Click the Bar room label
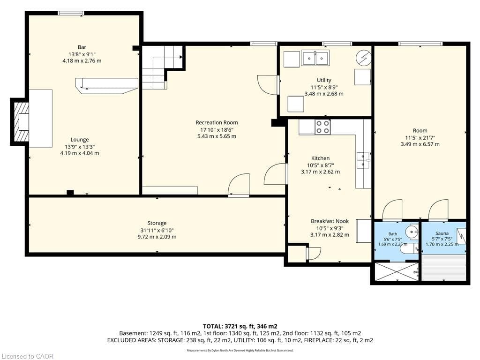[x=82, y=47]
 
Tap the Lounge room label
[x=80, y=140]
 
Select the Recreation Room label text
[x=217, y=123]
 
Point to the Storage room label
[x=157, y=224]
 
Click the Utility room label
[x=324, y=80]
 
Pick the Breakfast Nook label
[x=330, y=221]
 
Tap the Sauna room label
[x=442, y=233]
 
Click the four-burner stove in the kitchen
[x=322, y=127]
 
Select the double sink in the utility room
[x=315, y=58]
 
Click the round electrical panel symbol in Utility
[x=363, y=58]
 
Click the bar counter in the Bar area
[x=106, y=86]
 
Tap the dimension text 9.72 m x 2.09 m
[x=157, y=237]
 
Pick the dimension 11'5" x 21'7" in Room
[x=420, y=137]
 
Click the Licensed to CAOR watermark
[x=27, y=356]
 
